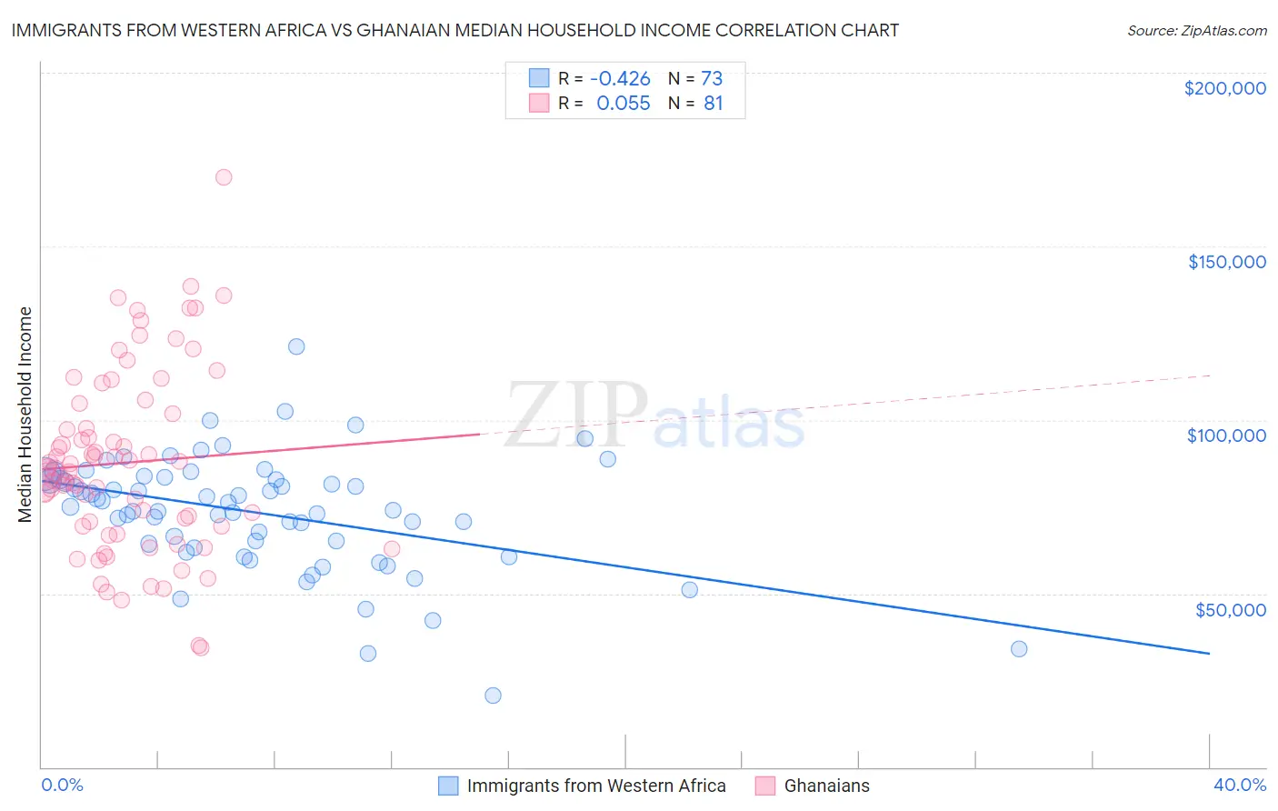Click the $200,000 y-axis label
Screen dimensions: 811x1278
[1224, 88]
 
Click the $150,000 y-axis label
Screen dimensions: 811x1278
[1226, 262]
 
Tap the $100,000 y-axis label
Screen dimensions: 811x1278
[1226, 436]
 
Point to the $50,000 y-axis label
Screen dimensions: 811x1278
[1230, 609]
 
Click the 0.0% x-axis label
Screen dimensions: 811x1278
[62, 785]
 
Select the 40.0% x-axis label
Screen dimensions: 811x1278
[1239, 785]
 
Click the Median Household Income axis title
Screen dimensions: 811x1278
[25, 415]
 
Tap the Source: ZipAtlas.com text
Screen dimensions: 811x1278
[1196, 30]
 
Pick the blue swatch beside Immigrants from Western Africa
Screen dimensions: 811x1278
[448, 786]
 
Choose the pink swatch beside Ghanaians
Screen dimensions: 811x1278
[765, 786]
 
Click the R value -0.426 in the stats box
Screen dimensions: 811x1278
[620, 79]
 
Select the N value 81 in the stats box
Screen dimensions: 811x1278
[713, 104]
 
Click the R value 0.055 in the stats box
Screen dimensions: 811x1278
[623, 104]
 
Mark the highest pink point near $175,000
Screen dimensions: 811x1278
[224, 177]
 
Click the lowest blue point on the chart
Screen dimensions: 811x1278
[493, 696]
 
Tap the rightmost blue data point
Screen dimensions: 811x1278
[1019, 649]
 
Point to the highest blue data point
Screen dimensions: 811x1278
[296, 346]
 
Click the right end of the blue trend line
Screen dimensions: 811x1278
[1209, 653]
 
